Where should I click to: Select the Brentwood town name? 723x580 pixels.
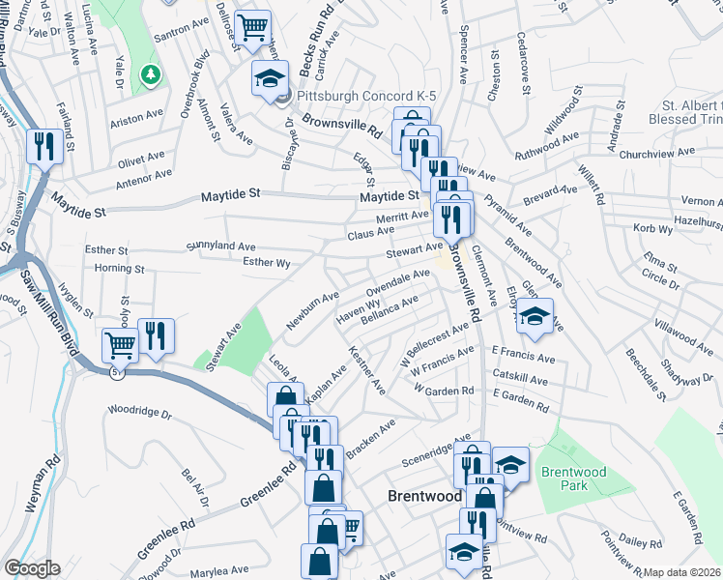tap(424, 495)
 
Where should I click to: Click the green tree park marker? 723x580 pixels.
tap(150, 73)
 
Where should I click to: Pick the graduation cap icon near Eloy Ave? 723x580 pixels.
tap(533, 315)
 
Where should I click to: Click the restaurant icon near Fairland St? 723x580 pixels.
tap(44, 146)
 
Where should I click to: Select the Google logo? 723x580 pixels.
tap(32, 568)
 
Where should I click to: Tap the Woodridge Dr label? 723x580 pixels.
tap(139, 414)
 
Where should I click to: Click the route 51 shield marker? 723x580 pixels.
tap(116, 371)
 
